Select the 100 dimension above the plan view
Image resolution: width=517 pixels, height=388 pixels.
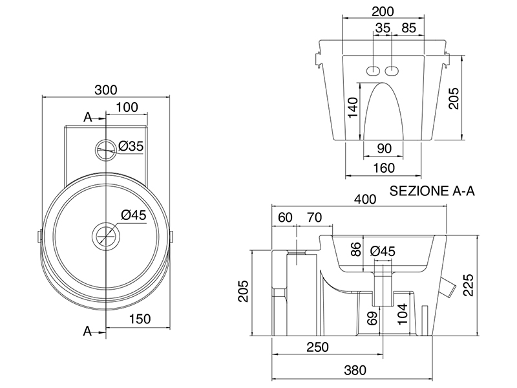pos(127,107)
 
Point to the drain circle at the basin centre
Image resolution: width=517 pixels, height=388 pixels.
pos(105,234)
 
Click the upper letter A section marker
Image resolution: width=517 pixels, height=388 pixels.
pos(87,116)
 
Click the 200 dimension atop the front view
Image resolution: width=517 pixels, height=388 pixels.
pos(383,11)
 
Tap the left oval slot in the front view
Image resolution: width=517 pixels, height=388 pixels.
pos(374,70)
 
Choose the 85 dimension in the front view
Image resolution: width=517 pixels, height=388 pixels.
pos(408,28)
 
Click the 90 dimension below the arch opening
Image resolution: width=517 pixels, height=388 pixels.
pos(384,149)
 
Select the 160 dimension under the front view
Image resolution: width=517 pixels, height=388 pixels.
pos(383,167)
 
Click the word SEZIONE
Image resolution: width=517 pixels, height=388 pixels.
pos(418,191)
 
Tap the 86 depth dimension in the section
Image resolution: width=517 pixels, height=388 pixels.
pos(354,249)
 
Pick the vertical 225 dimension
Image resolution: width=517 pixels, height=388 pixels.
pos(470,285)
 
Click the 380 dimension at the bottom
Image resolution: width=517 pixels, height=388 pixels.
pos(355,371)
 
